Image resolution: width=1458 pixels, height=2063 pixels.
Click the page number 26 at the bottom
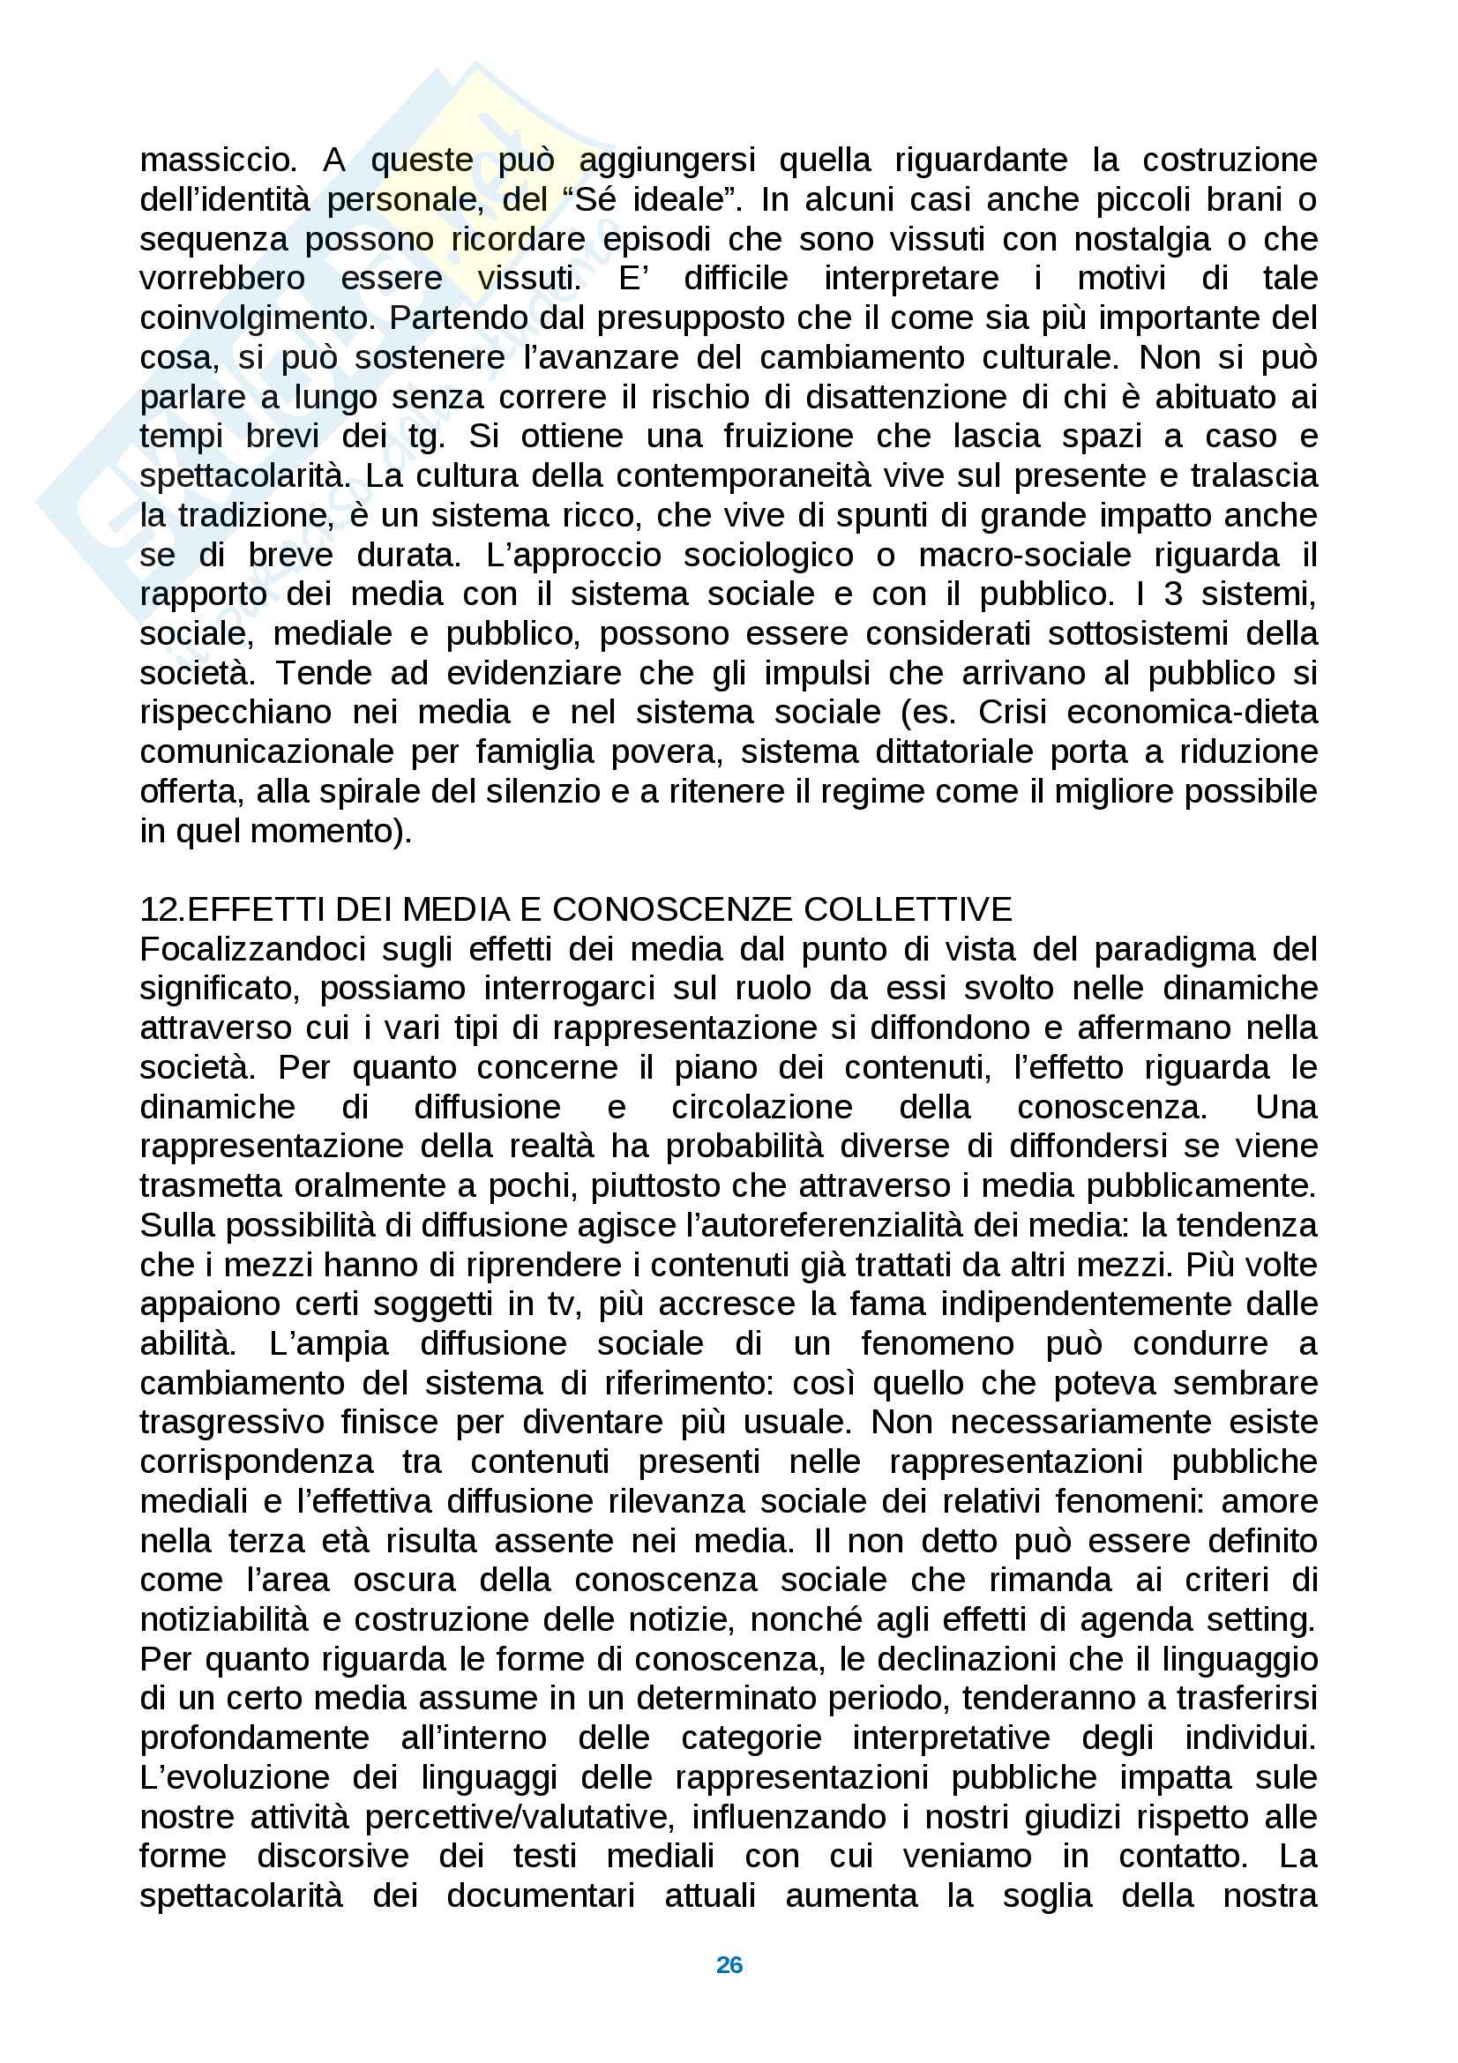click(729, 1964)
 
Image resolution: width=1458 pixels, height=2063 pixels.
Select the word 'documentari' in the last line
click(540, 1896)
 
